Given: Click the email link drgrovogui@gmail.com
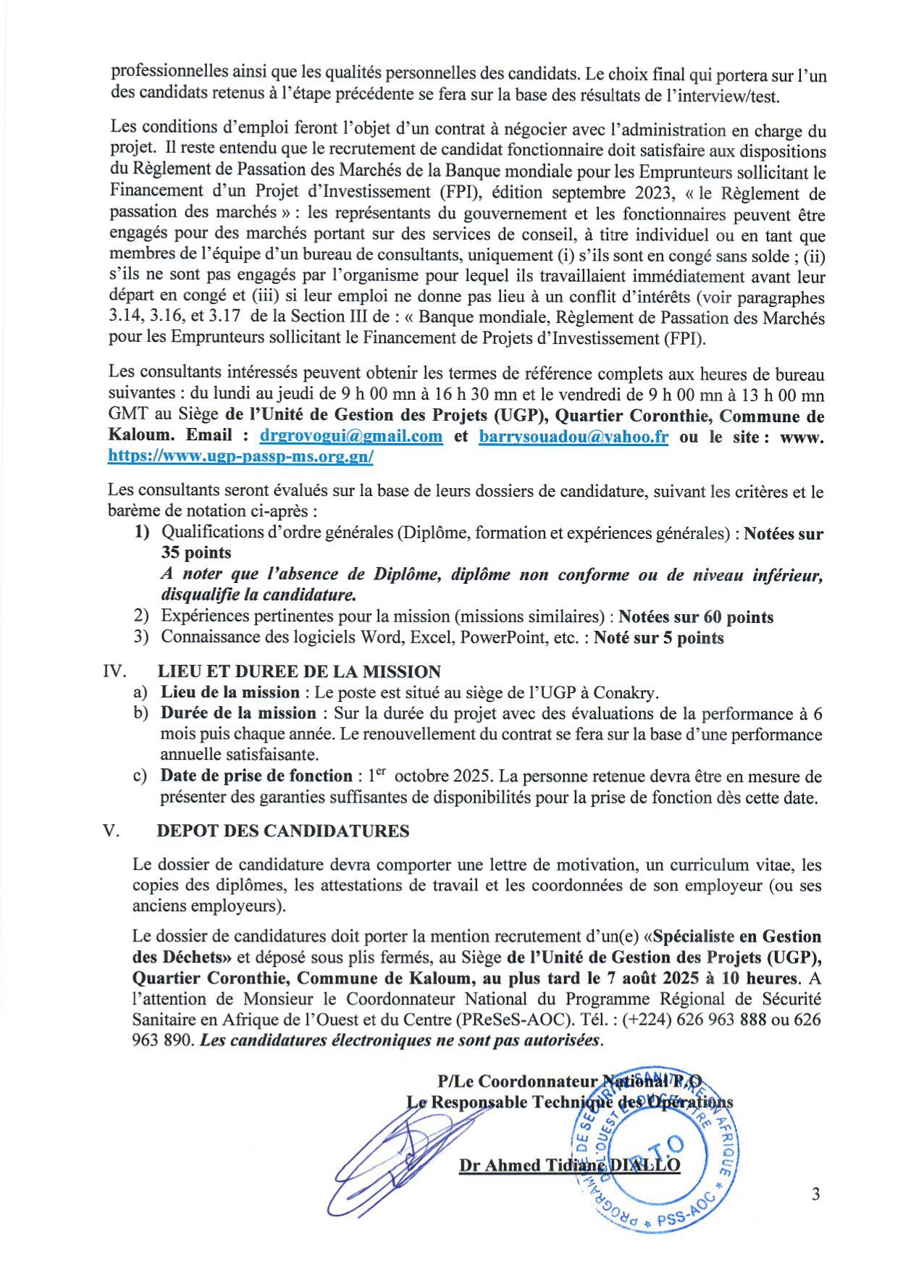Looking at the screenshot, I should coord(351,436).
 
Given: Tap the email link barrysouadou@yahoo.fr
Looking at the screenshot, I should coord(574,437).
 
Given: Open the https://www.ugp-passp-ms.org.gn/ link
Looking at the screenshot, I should coord(240,457).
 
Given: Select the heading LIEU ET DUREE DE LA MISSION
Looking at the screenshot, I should coord(299,671).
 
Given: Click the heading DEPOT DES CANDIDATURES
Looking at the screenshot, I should coord(283,831).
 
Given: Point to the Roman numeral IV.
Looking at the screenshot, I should coord(115,671).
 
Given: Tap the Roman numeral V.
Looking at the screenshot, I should coord(111,831).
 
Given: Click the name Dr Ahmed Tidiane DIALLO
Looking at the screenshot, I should coord(569,1165).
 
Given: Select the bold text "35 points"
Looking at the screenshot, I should coord(196,553).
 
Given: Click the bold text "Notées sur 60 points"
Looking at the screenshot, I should coord(697,617).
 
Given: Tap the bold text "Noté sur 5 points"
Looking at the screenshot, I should coord(658,638).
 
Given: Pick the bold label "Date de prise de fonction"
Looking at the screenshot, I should coord(256,776).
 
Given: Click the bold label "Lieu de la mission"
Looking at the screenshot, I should coord(230,692).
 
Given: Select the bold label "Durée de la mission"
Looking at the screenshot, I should coord(238,713).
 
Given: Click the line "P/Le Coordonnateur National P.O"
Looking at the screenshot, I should coord(574,1082).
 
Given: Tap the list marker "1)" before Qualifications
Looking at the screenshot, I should coord(142,532).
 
